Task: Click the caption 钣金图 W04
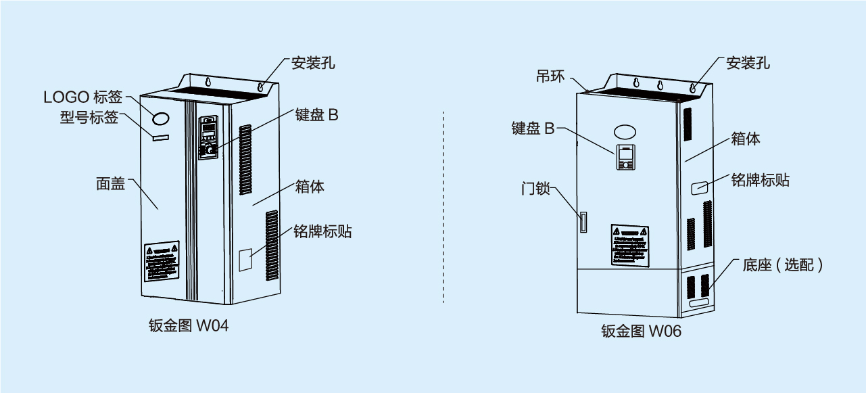188,326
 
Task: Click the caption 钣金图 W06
641,331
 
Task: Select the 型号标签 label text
89,118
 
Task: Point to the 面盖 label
110,183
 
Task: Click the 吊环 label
550,76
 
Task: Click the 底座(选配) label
783,265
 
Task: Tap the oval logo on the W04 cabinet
162,119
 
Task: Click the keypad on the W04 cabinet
208,137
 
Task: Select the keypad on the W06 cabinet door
625,157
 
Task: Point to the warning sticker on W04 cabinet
162,260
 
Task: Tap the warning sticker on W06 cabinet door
629,244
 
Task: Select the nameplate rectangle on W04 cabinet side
246,260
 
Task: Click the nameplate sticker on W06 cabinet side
700,187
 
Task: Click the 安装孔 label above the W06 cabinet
748,64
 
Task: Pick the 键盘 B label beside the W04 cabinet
316,114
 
